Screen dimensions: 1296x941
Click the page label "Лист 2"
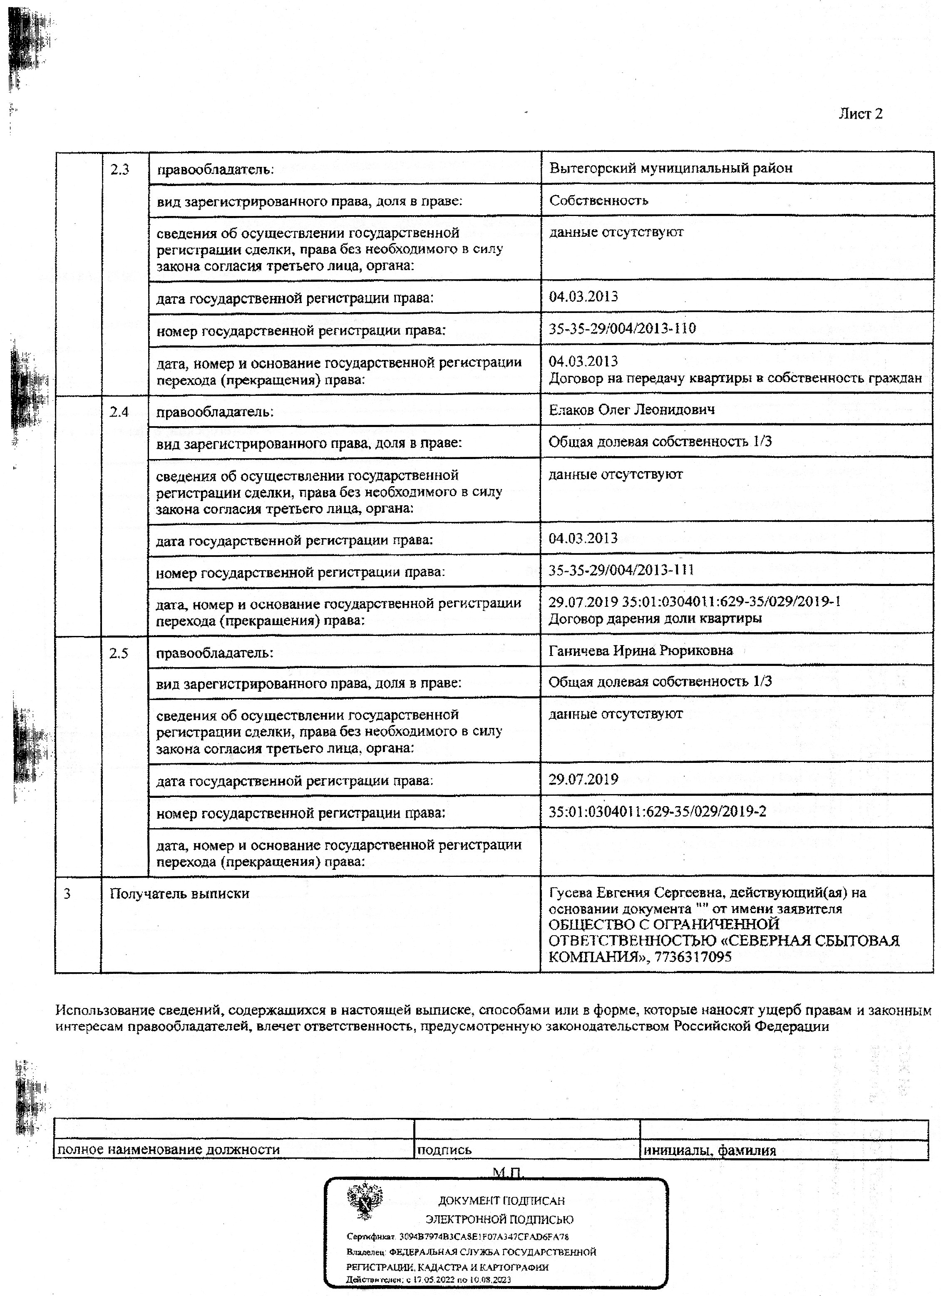860,114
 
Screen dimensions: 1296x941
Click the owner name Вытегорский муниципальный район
671,169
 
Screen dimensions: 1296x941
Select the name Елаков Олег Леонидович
631,410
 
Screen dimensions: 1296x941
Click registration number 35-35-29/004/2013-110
622,328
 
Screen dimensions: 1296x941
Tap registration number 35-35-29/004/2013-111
621,570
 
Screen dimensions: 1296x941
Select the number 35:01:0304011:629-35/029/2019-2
657,811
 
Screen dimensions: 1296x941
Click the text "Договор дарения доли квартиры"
655,618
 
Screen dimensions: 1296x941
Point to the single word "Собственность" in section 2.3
598,201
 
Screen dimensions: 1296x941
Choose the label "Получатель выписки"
179,894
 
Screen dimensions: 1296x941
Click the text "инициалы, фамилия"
710,1150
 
